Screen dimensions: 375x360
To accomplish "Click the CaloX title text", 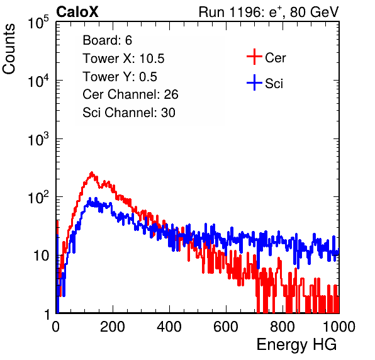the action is click(77, 12).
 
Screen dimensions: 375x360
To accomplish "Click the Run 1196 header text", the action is click(269, 12).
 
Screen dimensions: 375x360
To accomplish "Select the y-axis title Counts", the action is click(9, 49).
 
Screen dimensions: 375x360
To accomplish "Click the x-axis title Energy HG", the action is click(296, 345).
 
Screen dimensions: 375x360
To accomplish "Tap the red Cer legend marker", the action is click(254, 57).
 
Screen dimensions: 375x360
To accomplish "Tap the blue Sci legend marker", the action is click(254, 83).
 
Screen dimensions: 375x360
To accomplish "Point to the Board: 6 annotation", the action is click(107, 40).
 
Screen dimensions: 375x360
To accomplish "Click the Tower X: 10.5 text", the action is click(123, 59).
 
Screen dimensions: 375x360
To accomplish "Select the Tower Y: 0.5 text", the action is click(120, 77).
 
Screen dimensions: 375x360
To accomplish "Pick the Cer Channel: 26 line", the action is click(130, 94).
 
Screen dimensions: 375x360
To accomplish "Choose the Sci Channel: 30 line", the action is click(129, 113).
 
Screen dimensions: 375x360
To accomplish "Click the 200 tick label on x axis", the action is click(113, 327).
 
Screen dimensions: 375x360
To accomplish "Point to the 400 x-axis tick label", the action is click(169, 327).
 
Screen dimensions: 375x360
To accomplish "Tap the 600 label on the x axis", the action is click(226, 327).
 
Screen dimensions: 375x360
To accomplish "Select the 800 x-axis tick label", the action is click(283, 327).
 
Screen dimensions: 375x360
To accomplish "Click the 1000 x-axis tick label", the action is click(339, 327).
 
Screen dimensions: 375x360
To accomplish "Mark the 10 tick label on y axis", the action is click(42, 256).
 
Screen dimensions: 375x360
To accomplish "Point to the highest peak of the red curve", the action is click(91, 172).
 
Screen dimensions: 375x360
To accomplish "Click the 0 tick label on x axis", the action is click(56, 327).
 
